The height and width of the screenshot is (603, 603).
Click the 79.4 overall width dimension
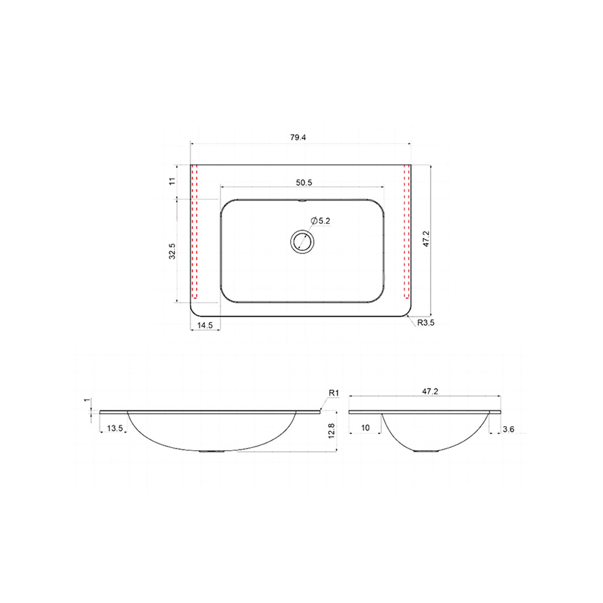[x=298, y=137]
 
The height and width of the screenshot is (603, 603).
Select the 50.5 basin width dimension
[x=304, y=183]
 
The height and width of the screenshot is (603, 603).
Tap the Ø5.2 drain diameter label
[x=321, y=221]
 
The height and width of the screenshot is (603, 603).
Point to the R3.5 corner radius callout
[x=426, y=323]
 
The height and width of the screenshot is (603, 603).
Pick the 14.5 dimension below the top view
[x=205, y=325]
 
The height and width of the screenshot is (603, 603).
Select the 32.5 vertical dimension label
[x=172, y=251]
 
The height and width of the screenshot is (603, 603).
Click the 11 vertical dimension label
[x=172, y=181]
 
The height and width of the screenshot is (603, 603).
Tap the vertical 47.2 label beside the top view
[x=426, y=239]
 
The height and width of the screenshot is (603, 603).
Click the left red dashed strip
[x=194, y=231]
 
